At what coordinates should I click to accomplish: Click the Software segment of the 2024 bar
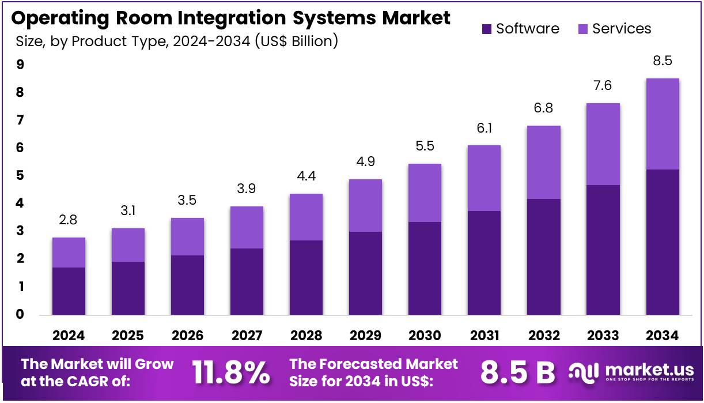(x=69, y=291)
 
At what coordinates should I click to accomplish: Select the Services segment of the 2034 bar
(x=662, y=124)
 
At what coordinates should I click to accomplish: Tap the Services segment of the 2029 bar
(x=365, y=205)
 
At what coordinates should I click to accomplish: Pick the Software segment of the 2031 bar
(x=484, y=263)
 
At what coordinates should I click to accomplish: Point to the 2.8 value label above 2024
(x=69, y=220)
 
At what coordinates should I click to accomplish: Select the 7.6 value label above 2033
(x=603, y=86)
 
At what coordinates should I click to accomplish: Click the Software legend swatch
(x=486, y=29)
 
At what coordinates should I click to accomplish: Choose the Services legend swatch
(x=582, y=29)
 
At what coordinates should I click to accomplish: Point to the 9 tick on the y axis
(x=20, y=65)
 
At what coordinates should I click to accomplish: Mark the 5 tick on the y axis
(x=20, y=176)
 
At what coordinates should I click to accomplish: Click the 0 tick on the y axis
(x=20, y=315)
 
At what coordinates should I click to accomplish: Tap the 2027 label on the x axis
(x=247, y=336)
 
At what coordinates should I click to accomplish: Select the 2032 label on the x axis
(x=543, y=336)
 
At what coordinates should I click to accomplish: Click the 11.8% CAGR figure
(x=230, y=373)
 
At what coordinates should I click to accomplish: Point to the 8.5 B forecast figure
(x=518, y=373)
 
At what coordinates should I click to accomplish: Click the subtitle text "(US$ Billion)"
(x=296, y=42)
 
